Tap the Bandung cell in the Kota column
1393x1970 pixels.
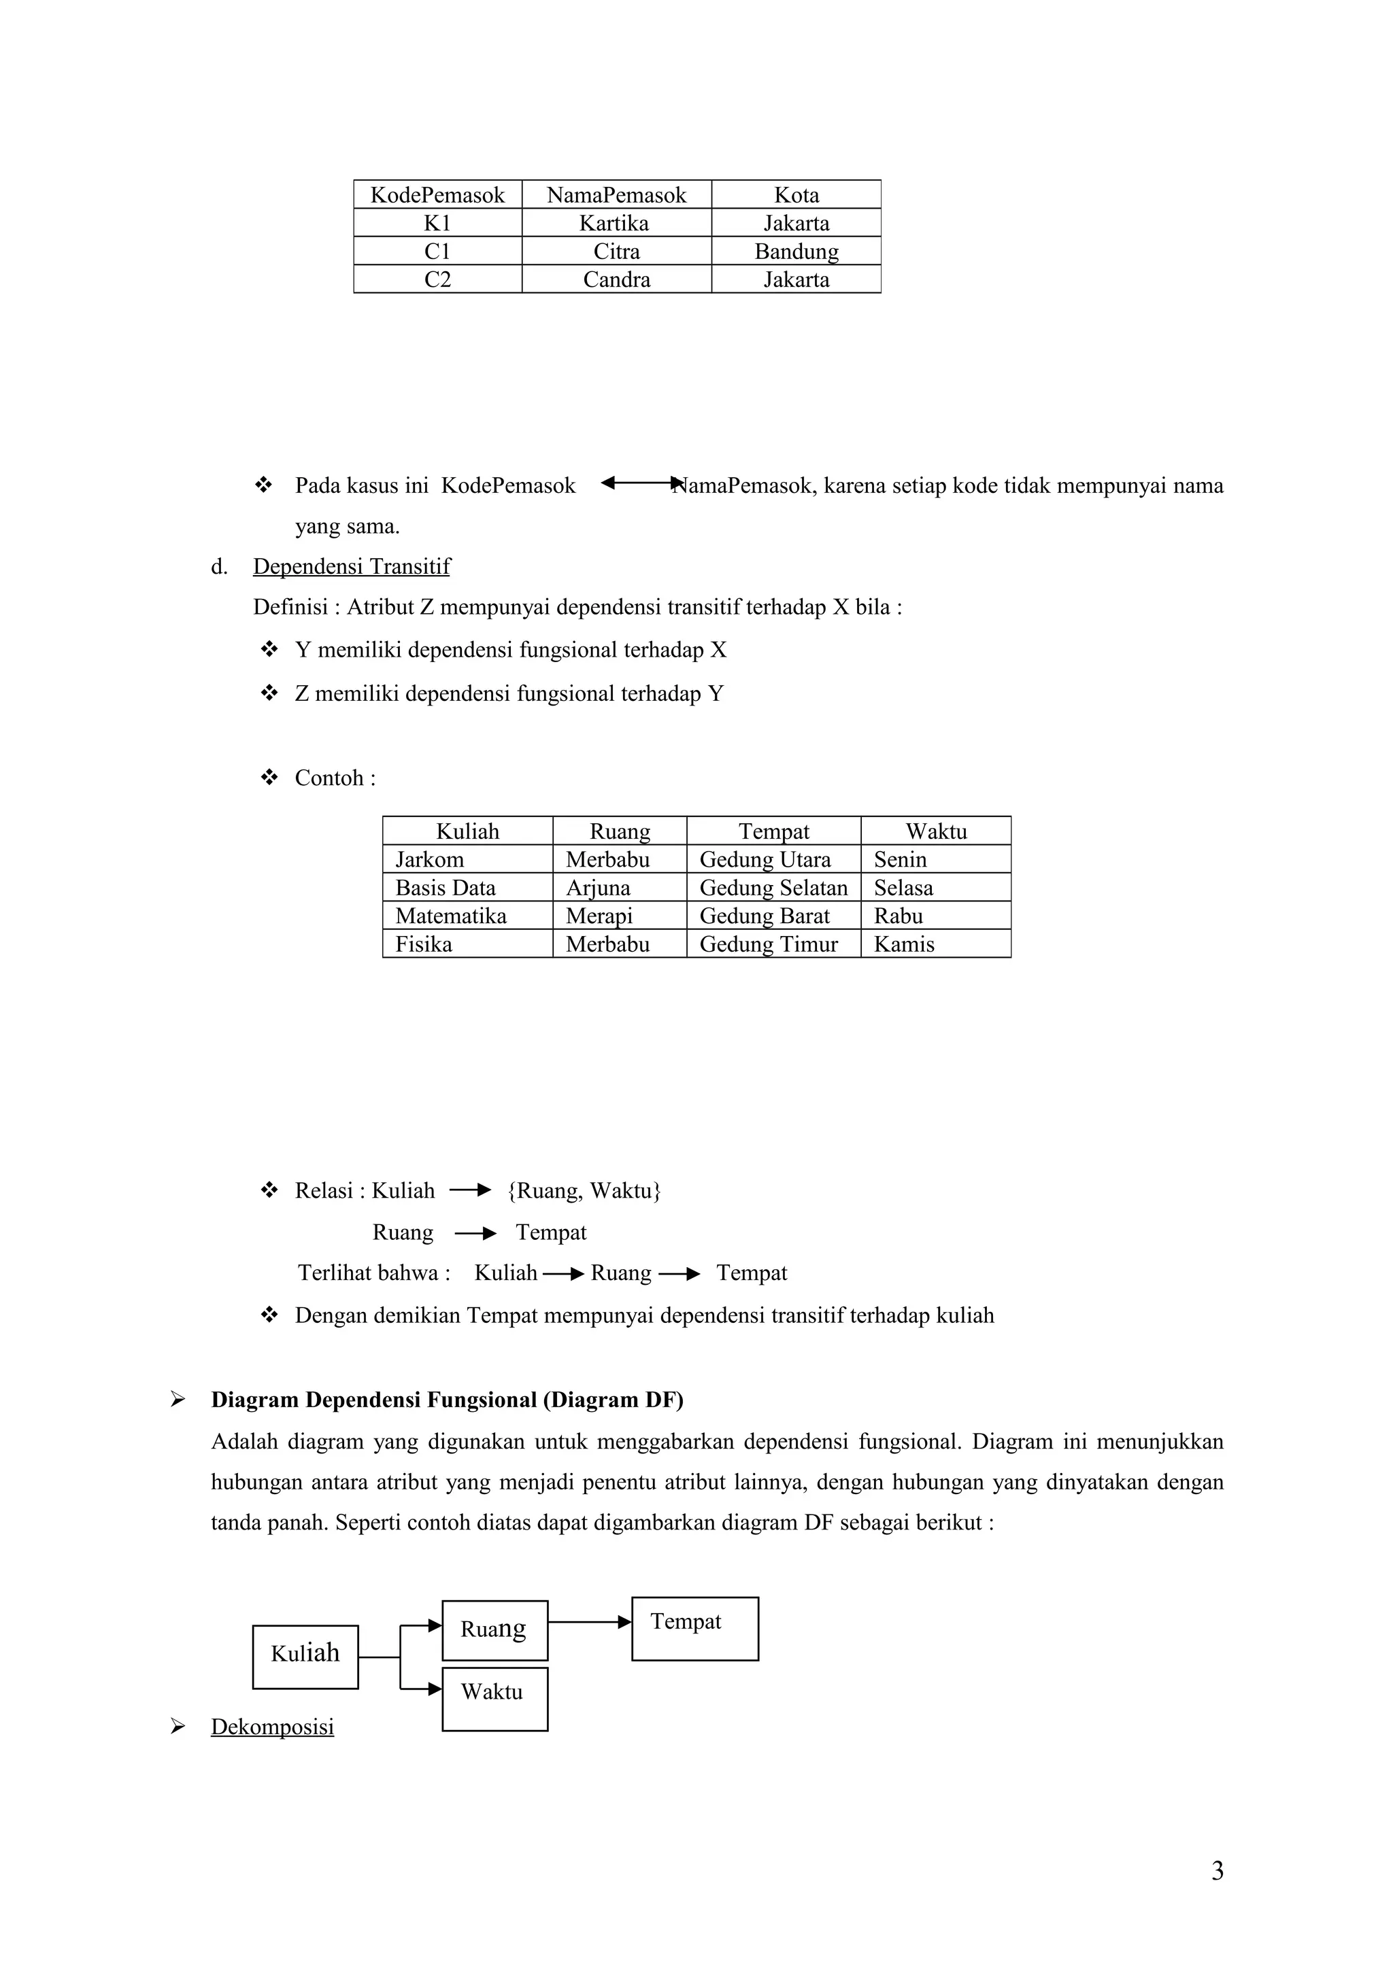tap(796, 252)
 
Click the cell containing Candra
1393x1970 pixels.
tap(616, 279)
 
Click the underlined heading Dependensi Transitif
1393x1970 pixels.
tap(351, 566)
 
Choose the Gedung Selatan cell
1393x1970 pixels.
tap(773, 887)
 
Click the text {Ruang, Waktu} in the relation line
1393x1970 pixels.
tap(584, 1190)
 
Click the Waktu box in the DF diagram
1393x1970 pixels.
tap(494, 1698)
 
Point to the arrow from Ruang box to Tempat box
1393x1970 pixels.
tap(589, 1622)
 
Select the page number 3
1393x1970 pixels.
tap(1216, 1871)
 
